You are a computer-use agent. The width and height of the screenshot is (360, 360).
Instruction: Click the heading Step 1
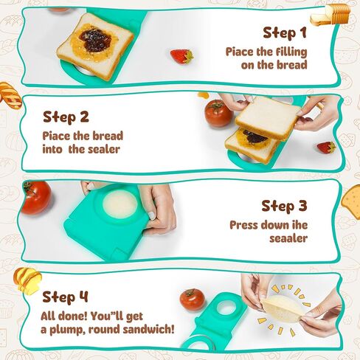click(285, 32)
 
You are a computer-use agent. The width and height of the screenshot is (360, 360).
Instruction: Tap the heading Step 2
click(66, 117)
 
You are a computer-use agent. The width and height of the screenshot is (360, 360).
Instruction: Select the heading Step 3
click(284, 206)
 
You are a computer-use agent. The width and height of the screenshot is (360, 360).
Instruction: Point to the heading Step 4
click(65, 297)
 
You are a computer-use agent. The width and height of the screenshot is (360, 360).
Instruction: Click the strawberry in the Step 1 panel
click(182, 57)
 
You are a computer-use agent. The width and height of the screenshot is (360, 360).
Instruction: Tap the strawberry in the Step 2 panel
click(326, 148)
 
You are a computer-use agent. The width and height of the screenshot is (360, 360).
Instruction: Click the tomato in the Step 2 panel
click(218, 113)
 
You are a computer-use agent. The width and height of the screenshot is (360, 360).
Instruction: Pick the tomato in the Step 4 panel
click(192, 300)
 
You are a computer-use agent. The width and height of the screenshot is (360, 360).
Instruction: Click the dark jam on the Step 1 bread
click(95, 41)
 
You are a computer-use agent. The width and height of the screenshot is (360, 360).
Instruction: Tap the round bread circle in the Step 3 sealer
click(120, 204)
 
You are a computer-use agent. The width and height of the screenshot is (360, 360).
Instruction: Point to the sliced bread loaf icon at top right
click(330, 15)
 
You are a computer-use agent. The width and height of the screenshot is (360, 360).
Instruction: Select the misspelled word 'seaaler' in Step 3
click(288, 238)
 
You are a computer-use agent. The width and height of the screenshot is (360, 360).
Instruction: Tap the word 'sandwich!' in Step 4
click(148, 329)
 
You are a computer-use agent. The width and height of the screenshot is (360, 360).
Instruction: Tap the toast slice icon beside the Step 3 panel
click(351, 202)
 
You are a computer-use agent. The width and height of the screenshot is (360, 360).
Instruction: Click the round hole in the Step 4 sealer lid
click(227, 307)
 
